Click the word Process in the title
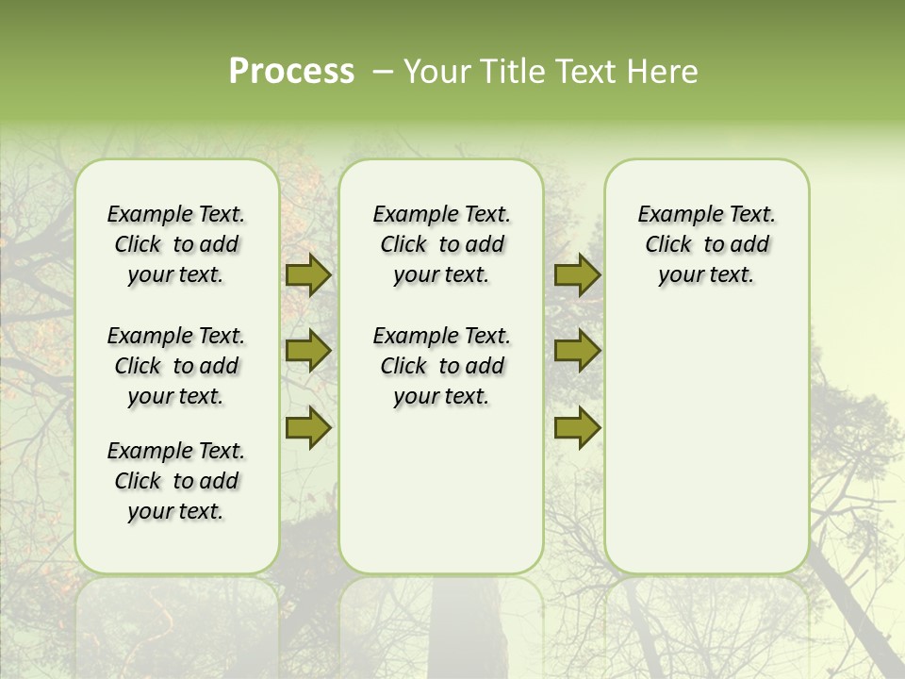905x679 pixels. click(x=291, y=72)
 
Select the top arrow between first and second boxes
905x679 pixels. click(x=308, y=274)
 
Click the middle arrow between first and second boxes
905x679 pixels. click(x=308, y=351)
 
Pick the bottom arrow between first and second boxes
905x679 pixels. click(x=308, y=428)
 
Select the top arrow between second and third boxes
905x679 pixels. click(x=577, y=274)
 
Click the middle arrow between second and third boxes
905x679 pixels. click(x=577, y=351)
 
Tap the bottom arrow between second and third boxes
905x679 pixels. click(x=577, y=428)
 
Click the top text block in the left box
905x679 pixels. click(x=176, y=244)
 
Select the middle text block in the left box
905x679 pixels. click(x=176, y=366)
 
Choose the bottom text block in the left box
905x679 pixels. click(x=176, y=481)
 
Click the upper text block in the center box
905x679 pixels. click(x=441, y=244)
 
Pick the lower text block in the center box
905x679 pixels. click(x=441, y=366)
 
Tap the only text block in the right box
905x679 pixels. click(x=706, y=244)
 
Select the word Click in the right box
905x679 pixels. click(x=668, y=245)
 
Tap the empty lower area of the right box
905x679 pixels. click(x=706, y=443)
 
